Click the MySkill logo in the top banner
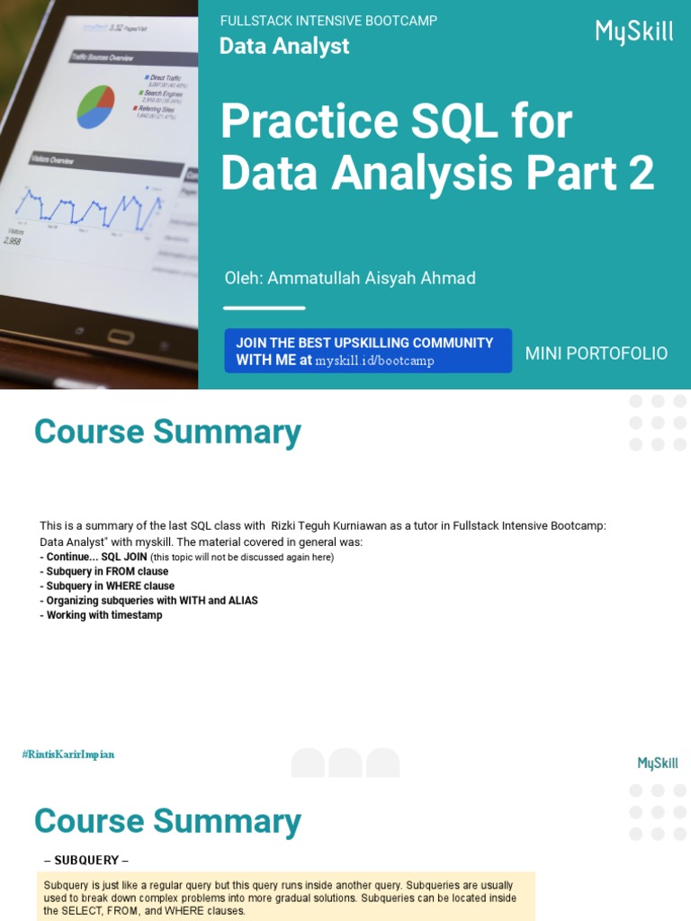[633, 32]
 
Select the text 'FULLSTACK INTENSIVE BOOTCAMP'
[328, 21]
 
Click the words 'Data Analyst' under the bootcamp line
[284, 46]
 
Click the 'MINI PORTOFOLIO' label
[596, 353]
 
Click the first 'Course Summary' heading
[167, 433]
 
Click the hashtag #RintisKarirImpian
[68, 755]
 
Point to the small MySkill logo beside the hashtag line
[658, 764]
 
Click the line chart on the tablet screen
[85, 206]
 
